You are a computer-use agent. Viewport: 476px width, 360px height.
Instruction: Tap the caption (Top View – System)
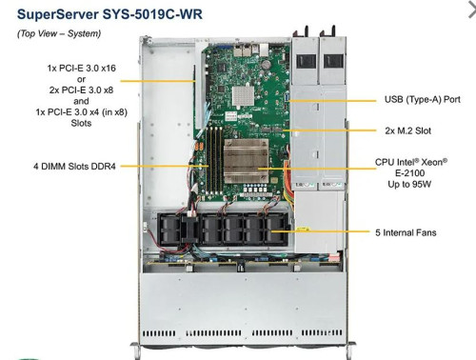pos(59,33)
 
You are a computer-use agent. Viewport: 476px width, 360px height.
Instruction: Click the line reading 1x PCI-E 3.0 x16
pos(84,68)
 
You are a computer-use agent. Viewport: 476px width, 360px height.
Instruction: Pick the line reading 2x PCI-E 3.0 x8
pos(84,90)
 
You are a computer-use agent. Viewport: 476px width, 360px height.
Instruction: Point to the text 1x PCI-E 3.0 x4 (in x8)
pos(84,111)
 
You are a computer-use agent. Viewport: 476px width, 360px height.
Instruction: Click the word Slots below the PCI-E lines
pos(84,123)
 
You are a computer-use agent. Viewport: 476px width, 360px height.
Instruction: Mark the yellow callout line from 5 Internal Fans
pos(324,231)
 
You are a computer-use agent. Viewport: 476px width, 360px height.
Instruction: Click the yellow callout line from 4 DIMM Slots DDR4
pos(167,166)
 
